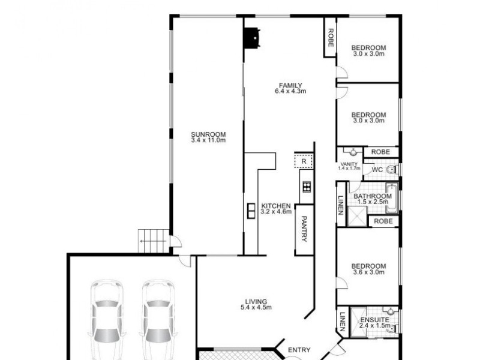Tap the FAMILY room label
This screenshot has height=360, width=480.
(x=290, y=85)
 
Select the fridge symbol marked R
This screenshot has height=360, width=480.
(x=304, y=161)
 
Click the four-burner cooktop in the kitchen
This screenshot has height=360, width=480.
(x=307, y=186)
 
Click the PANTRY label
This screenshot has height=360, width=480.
(x=304, y=229)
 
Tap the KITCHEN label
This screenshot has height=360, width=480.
(x=276, y=206)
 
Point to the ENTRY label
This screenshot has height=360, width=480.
(x=299, y=350)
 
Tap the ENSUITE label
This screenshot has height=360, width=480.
(x=374, y=320)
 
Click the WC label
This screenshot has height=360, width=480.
(x=377, y=170)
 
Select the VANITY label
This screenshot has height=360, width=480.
(x=349, y=164)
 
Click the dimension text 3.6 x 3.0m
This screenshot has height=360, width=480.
(x=368, y=273)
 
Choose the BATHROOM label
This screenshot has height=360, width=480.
(x=372, y=196)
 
